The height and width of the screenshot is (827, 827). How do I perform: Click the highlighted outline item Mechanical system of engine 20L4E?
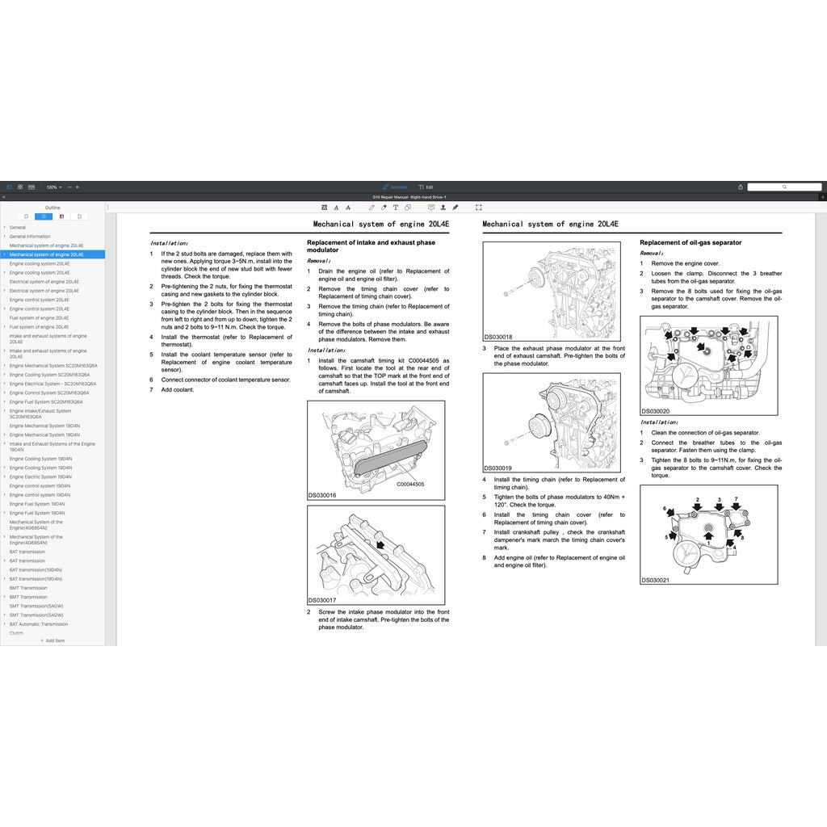click(46, 254)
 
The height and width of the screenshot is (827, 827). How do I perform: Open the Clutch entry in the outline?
click(16, 633)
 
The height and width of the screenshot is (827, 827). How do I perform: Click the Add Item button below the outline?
click(52, 640)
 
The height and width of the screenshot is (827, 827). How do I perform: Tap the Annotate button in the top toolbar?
click(396, 187)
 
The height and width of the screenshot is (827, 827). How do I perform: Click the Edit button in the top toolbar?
click(426, 187)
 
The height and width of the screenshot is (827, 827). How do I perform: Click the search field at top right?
click(783, 187)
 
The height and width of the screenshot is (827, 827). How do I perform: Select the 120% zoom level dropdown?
click(53, 187)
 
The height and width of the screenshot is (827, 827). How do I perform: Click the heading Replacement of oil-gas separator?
click(691, 242)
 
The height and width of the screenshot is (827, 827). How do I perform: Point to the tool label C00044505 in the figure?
click(410, 484)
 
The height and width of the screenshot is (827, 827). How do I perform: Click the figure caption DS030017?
click(321, 600)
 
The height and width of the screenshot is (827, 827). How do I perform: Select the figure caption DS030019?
click(497, 468)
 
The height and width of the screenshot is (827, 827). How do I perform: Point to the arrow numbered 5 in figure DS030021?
click(673, 535)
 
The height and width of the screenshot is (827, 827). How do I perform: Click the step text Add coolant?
click(178, 389)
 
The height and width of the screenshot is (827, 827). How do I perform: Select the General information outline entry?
click(30, 237)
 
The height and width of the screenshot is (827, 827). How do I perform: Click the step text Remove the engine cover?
click(685, 263)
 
